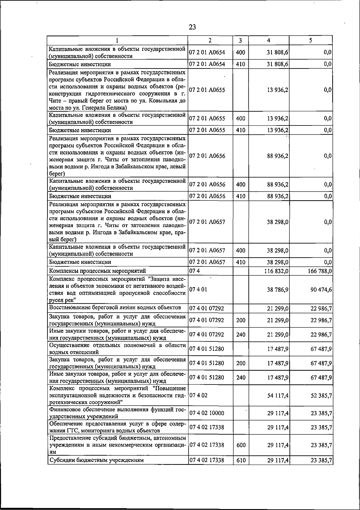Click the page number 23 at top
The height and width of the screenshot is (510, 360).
(x=192, y=27)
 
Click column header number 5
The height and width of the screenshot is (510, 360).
(x=311, y=40)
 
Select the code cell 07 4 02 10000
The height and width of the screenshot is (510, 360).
(x=206, y=413)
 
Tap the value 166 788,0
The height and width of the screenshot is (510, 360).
(x=320, y=271)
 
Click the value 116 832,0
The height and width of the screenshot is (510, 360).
(x=277, y=271)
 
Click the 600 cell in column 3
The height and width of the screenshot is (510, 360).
(x=241, y=445)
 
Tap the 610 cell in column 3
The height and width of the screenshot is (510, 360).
(x=241, y=460)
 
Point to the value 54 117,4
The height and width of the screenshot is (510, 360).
(x=278, y=396)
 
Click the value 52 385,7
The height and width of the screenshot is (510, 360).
(x=321, y=396)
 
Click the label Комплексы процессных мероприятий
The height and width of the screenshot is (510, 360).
(x=97, y=271)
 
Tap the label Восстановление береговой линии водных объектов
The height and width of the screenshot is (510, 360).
(x=115, y=308)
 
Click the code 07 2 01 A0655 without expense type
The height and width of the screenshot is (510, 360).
(x=207, y=90)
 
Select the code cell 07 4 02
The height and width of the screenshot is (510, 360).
(x=198, y=396)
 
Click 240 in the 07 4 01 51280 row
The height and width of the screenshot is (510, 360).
(x=241, y=378)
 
